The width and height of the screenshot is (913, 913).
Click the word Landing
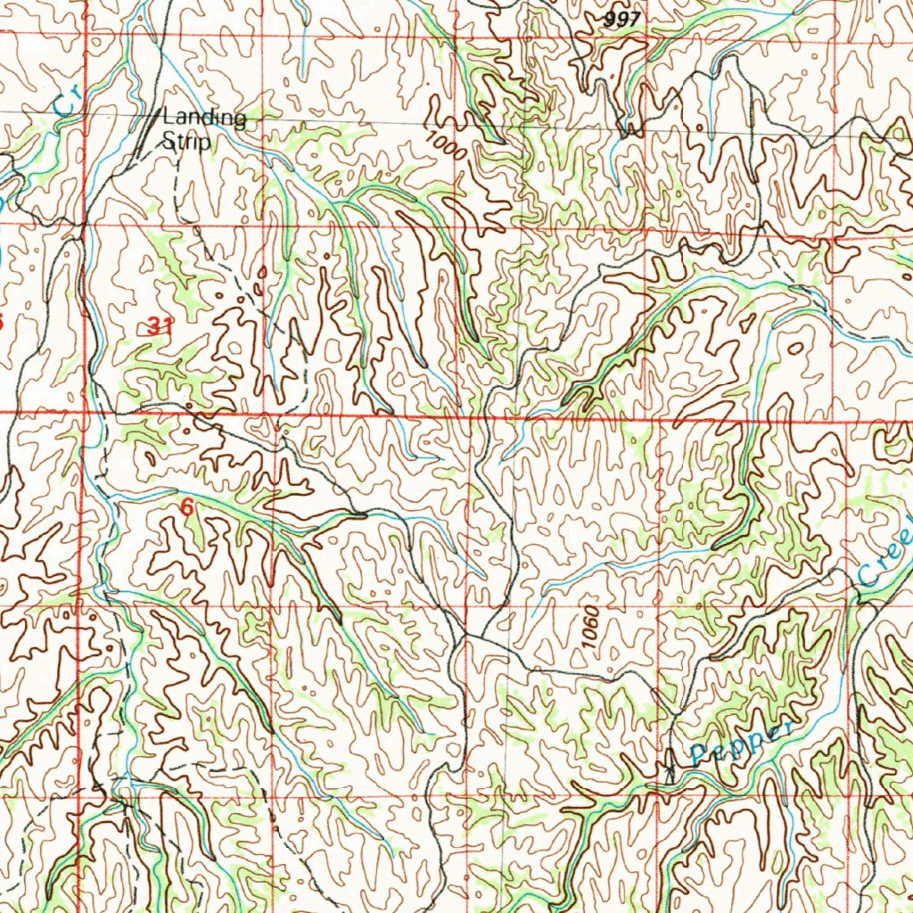point(203,118)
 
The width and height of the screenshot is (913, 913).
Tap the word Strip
point(185,141)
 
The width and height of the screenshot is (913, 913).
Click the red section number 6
point(186,507)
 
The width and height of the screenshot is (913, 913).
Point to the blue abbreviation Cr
point(64,102)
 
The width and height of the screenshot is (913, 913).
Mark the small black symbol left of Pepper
point(670,769)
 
